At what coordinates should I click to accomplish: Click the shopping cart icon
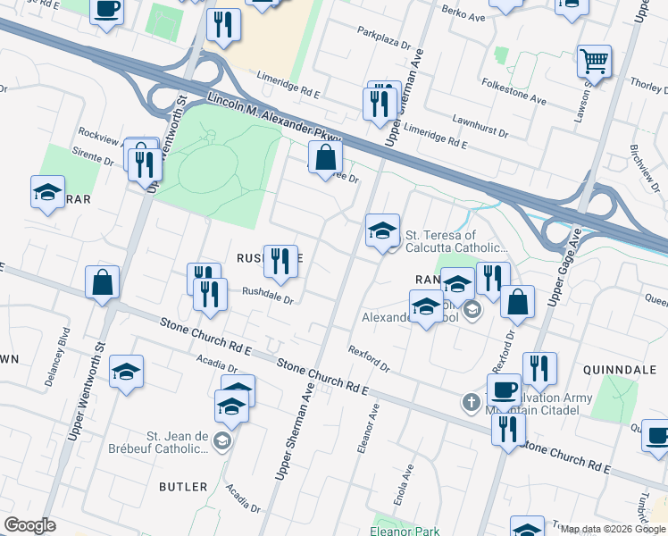(593, 62)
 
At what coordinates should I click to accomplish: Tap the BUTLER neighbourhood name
(182, 487)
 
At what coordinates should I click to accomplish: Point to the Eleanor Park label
(405, 531)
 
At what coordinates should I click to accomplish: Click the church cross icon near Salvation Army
(471, 402)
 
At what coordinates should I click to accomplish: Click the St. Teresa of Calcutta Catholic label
(456, 243)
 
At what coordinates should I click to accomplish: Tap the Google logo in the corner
(29, 525)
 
